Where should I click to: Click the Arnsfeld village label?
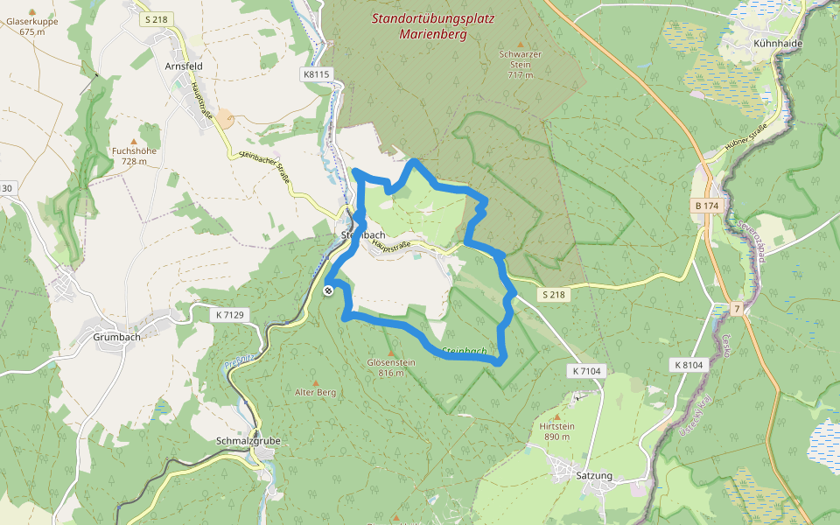tap(184, 65)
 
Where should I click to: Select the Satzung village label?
tap(595, 476)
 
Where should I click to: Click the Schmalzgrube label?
tap(248, 441)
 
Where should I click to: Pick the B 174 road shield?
tap(706, 206)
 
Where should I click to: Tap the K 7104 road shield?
tap(587, 371)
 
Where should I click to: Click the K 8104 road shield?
tap(689, 364)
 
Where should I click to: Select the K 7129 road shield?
tap(230, 312)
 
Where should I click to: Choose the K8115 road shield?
tap(317, 74)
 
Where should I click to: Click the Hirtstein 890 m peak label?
tap(557, 430)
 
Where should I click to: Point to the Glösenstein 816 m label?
tap(390, 367)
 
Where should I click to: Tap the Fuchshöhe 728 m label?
tap(134, 155)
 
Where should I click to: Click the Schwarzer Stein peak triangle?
tap(521, 44)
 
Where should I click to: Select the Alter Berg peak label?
tap(316, 393)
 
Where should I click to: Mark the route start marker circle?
tap(328, 290)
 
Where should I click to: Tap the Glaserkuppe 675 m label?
tap(31, 25)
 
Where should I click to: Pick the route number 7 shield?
tap(738, 309)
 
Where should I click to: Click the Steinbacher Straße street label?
tap(266, 166)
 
